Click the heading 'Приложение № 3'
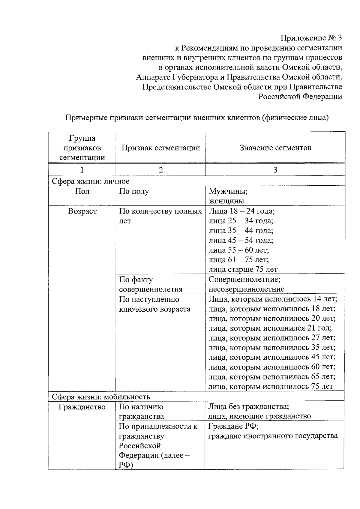311,38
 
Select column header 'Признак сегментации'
160,148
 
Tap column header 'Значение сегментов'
275,148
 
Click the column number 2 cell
161,170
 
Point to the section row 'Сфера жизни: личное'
90,181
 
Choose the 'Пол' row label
82,191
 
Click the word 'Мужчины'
228,191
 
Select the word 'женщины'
226,201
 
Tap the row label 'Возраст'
82,211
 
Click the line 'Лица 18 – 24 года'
241,211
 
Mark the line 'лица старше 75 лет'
243,269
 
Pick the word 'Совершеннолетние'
244,280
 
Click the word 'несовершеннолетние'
246,289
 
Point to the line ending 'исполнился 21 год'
270,328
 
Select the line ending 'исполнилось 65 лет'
272,377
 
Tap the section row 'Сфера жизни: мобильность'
101,397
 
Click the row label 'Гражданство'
82,407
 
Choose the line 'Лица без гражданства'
249,407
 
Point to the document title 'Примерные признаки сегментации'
197,118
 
